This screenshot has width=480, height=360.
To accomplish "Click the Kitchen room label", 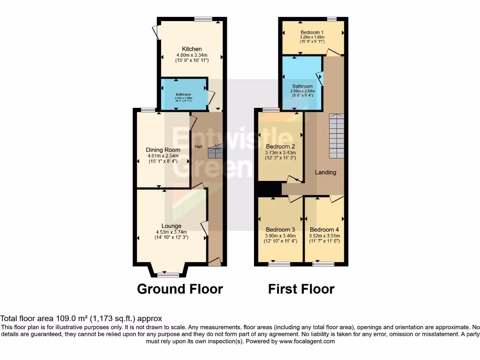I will (192, 49).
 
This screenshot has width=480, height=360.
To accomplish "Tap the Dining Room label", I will (163, 150).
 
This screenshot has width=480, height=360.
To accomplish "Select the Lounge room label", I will (171, 226).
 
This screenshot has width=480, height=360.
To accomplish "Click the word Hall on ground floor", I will (198, 147).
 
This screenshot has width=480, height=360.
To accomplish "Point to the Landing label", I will (325, 172).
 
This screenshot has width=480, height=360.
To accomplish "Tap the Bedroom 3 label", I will (280, 230).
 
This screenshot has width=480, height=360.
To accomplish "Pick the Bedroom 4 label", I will (324, 230).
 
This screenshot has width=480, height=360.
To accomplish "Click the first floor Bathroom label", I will (302, 86).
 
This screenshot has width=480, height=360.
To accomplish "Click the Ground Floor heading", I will (180, 289).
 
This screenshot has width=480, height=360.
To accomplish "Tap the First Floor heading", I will (301, 289).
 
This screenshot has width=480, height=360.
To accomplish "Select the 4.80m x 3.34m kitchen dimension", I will (192, 55).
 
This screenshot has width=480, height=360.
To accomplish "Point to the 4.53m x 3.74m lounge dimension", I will (171, 232).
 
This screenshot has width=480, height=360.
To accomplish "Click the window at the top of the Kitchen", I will (202, 19).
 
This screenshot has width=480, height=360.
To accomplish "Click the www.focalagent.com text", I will (307, 341).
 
